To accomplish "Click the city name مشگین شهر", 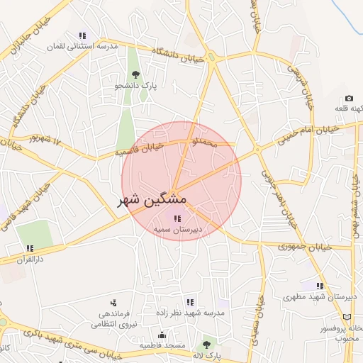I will [x=151, y=201].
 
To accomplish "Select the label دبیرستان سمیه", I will [x=177, y=230].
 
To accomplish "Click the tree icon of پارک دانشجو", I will [x=135, y=74].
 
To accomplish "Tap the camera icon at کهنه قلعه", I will [x=349, y=98].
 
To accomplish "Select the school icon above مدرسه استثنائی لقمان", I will [x=83, y=35].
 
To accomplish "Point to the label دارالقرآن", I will [x=29, y=259].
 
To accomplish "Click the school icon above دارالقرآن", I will [x=30, y=248].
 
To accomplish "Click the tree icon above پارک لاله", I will [x=206, y=344].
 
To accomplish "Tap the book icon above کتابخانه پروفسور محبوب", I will [x=347, y=316].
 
